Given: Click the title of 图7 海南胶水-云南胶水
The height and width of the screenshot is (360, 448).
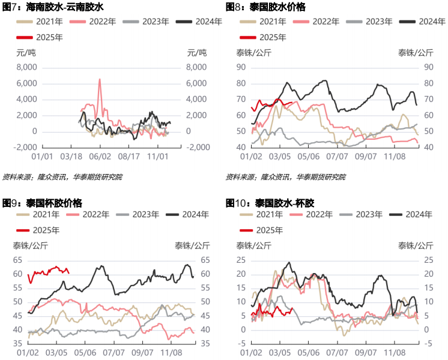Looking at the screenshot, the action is [x=53, y=7].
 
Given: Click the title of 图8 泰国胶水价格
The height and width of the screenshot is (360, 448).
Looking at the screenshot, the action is [x=265, y=7].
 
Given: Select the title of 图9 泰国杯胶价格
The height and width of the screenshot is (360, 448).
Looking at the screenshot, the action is [x=42, y=203].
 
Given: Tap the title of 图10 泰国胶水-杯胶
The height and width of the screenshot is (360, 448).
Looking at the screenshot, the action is [x=270, y=203].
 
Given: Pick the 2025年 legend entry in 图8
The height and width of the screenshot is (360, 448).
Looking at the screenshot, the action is [x=263, y=37].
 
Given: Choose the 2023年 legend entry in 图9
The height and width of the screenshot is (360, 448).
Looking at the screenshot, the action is [x=138, y=214].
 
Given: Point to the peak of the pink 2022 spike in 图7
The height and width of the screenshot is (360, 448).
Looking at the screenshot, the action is [x=100, y=79].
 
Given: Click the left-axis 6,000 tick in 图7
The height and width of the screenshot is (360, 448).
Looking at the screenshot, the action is [x=27, y=83].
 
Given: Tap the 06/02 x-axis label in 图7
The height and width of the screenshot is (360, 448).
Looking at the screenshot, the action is [x=100, y=157].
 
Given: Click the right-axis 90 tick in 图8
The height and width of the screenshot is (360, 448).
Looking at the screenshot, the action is [x=429, y=67].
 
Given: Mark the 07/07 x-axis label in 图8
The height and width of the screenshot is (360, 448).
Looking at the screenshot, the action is [x=337, y=157].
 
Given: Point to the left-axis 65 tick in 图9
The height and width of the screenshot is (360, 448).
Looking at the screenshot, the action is [x=17, y=260].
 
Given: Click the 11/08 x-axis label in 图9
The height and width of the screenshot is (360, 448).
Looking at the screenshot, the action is [x=171, y=353].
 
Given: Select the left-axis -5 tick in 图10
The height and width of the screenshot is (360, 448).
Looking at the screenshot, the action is [x=241, y=343].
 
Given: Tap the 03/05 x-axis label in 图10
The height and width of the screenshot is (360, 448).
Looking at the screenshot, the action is [x=280, y=353].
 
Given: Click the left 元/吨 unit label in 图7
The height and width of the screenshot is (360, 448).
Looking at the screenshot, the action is [x=26, y=53].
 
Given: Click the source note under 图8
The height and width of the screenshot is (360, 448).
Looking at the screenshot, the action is [x=286, y=177].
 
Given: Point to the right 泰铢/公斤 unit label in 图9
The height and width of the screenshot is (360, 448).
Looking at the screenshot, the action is [x=192, y=245].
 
